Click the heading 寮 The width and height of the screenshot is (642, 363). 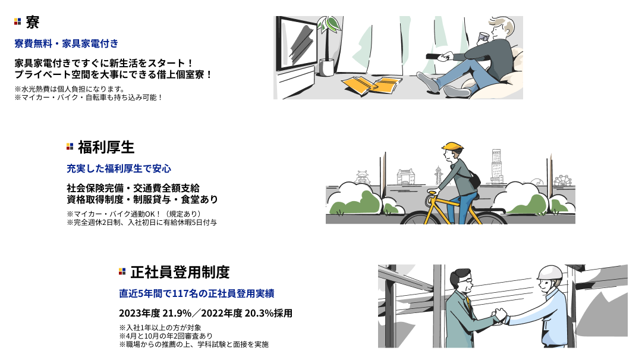tap(32, 22)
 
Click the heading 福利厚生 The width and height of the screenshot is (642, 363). tap(106, 147)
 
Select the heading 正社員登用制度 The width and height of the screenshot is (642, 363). tap(180, 272)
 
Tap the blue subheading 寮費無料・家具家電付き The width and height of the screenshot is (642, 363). tap(67, 43)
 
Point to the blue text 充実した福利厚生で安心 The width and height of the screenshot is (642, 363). tap(119, 168)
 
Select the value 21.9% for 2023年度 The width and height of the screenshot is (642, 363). tap(177, 314)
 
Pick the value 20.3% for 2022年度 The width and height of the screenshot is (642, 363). tap(259, 314)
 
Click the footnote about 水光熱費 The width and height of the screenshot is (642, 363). tap(70, 89)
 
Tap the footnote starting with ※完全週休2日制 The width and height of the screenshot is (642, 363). tap(141, 223)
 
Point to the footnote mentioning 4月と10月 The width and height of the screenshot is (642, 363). tap(166, 336)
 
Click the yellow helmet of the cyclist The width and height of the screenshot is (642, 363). tap(452, 146)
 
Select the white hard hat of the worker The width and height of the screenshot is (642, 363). tap(550, 273)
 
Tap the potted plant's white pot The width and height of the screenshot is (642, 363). tap(326, 68)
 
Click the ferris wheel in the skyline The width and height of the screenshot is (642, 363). tap(562, 181)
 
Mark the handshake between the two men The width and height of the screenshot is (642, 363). tap(499, 316)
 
